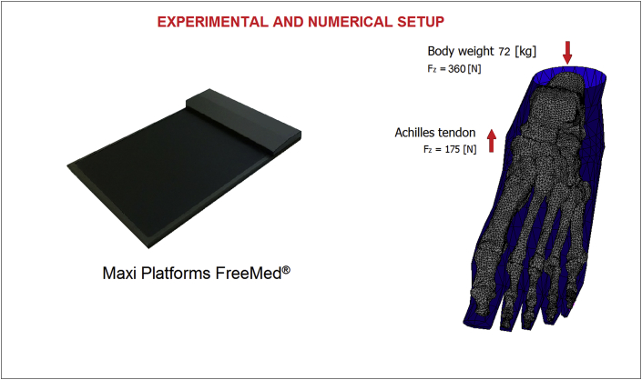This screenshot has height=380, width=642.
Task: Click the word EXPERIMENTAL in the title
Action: click(x=213, y=22)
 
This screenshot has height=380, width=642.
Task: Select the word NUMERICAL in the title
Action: click(x=350, y=22)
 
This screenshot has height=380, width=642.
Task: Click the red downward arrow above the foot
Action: click(x=567, y=52)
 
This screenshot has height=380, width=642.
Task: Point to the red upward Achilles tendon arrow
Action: click(x=492, y=141)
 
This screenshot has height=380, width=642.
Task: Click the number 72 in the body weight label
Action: click(x=504, y=52)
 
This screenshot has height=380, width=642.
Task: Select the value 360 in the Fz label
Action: click(x=456, y=69)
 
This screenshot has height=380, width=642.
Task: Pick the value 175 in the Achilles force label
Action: click(x=453, y=149)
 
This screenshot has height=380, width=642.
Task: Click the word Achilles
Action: click(x=415, y=133)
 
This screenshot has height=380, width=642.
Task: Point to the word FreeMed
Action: click(x=249, y=273)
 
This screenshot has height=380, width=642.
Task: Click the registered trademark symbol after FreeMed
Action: click(x=286, y=270)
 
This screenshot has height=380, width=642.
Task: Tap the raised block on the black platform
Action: click(x=244, y=120)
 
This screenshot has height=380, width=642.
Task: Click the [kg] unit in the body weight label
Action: click(x=525, y=52)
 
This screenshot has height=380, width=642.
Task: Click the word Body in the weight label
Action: click(x=440, y=52)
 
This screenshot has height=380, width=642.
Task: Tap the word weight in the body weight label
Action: click(x=475, y=52)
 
